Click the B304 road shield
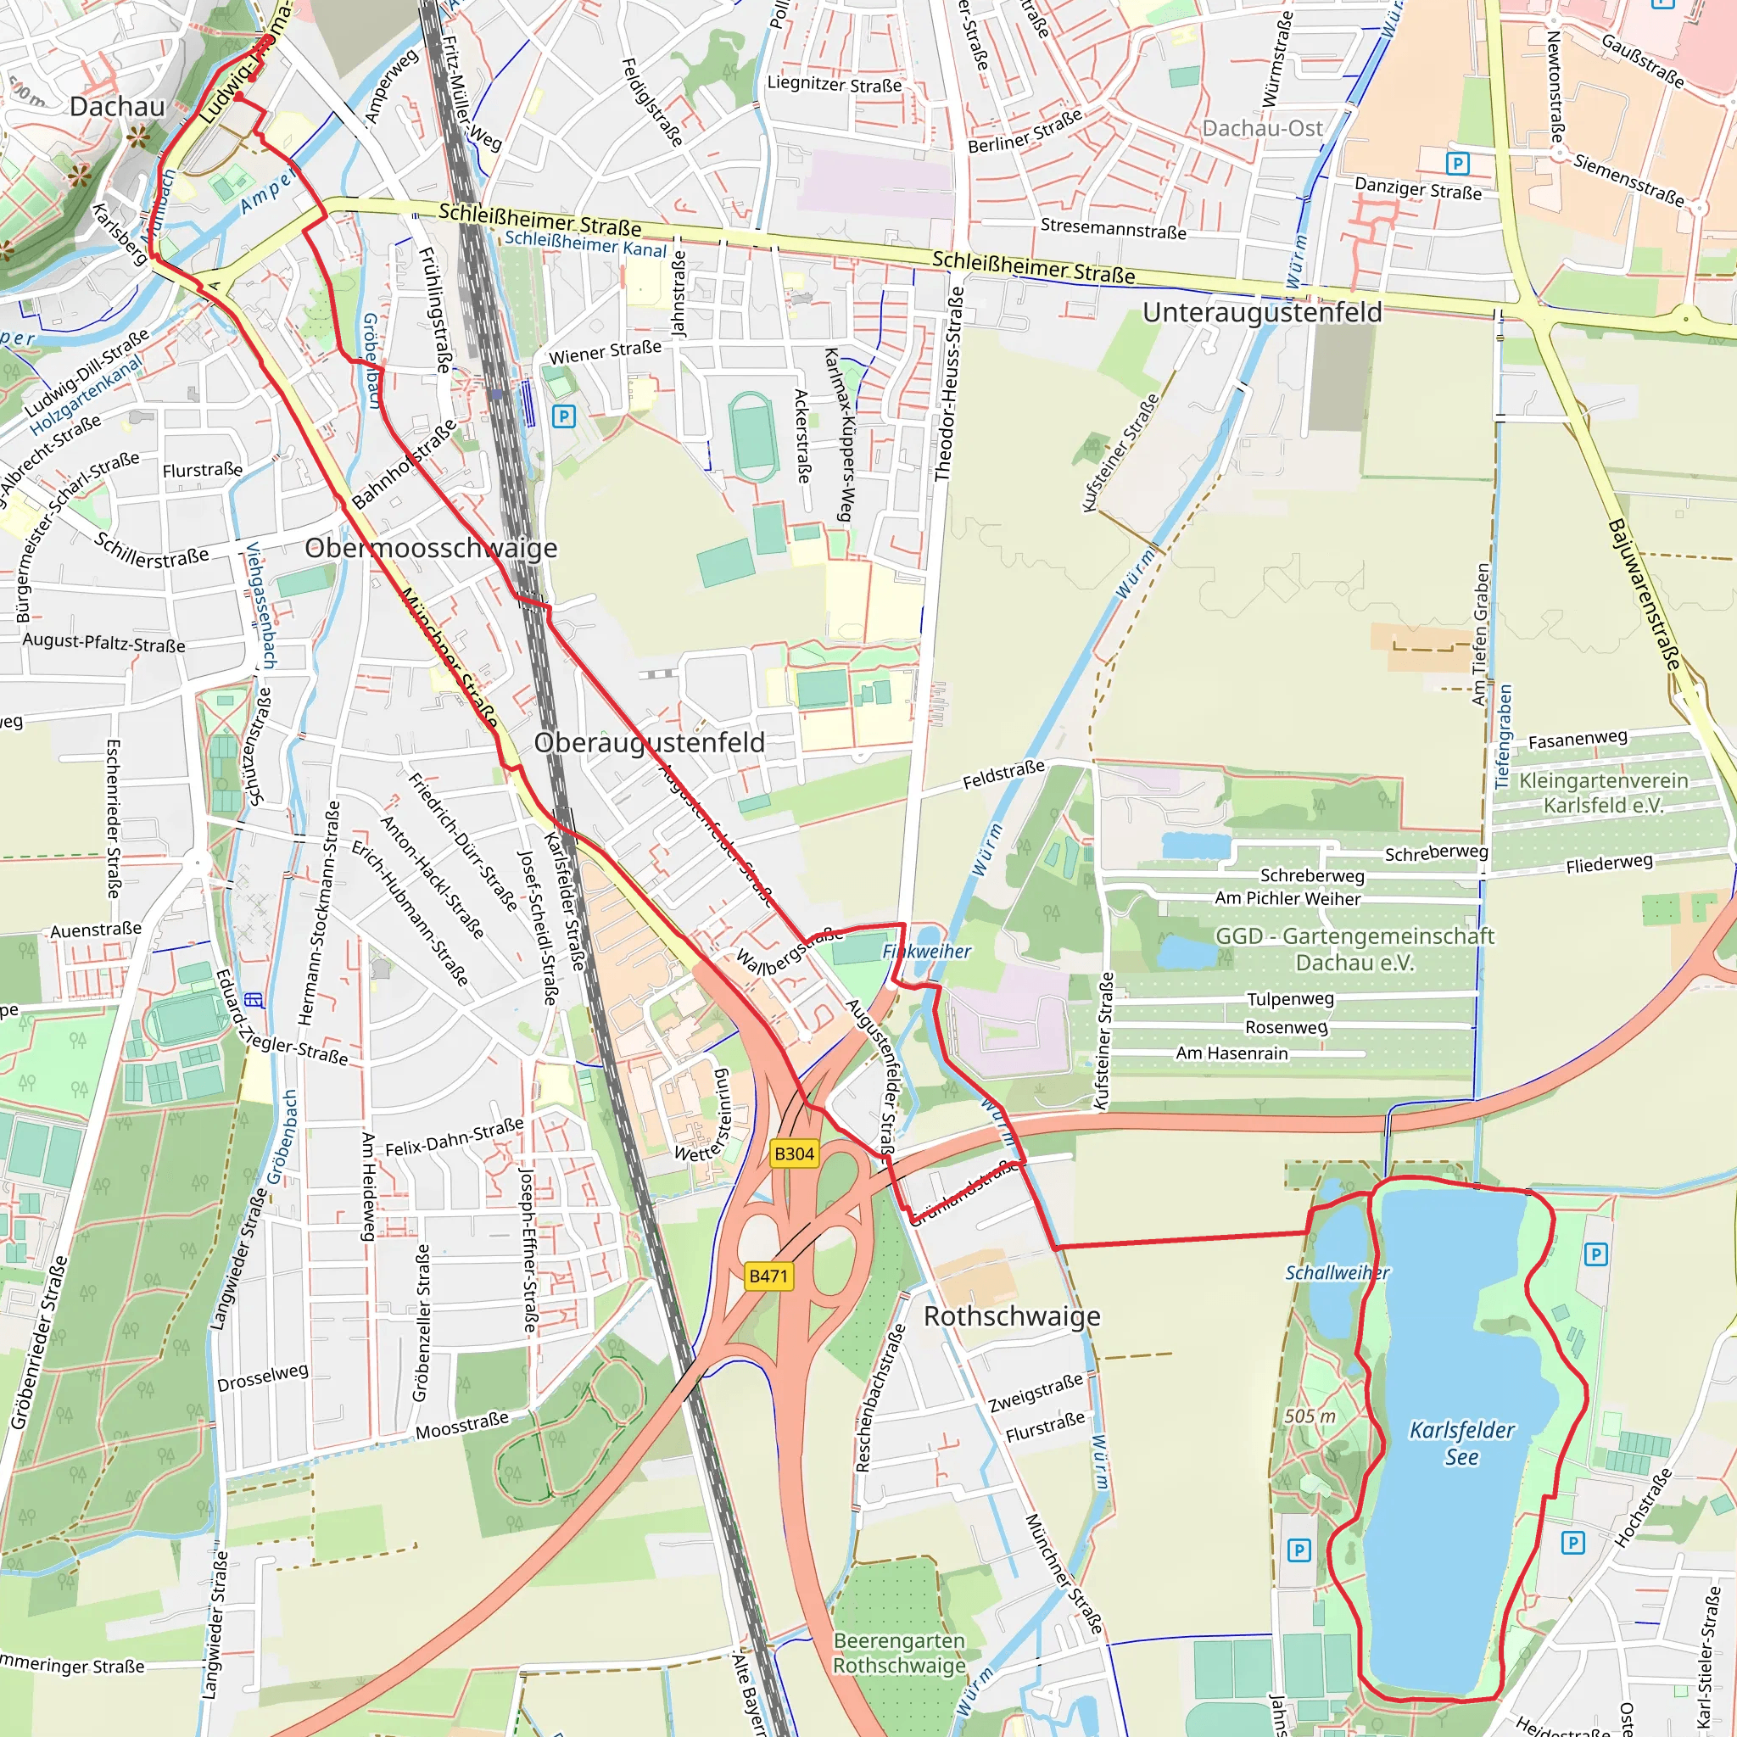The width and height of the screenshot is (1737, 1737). (x=794, y=1153)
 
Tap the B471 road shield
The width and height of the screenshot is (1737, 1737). (x=768, y=1276)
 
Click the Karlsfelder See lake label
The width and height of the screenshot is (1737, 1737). (x=1462, y=1443)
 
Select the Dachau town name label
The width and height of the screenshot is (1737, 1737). (x=118, y=106)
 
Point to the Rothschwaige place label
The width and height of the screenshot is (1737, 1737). (x=1012, y=1316)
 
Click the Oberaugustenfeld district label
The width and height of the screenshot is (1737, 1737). (x=649, y=743)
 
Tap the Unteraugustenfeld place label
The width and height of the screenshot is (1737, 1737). (x=1262, y=313)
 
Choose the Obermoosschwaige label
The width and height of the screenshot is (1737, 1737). (x=431, y=548)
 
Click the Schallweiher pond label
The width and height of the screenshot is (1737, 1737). (x=1337, y=1272)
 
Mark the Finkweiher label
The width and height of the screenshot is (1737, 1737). (x=927, y=952)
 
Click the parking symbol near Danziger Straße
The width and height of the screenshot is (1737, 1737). (x=1457, y=164)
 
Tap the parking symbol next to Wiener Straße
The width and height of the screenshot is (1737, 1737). (x=564, y=416)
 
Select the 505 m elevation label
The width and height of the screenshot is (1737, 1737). (x=1310, y=1416)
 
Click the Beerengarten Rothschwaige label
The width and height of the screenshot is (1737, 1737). (x=899, y=1652)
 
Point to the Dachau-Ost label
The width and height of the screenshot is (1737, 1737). (x=1262, y=129)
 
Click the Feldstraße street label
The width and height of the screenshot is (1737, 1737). (x=1003, y=774)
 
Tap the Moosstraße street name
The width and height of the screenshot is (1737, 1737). (x=462, y=1425)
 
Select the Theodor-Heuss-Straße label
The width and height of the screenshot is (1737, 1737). (x=948, y=384)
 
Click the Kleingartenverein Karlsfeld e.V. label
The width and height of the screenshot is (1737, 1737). (x=1603, y=792)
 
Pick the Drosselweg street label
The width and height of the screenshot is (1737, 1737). (x=263, y=1377)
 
